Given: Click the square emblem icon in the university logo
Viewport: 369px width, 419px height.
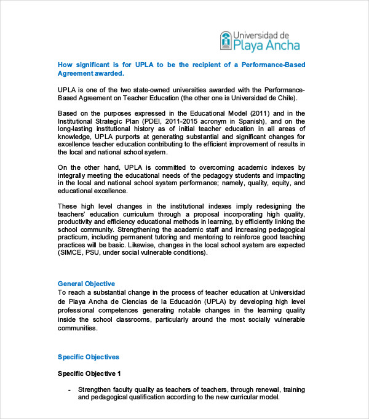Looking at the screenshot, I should coord(225,40).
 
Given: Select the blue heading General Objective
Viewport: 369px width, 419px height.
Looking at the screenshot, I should coord(86,284).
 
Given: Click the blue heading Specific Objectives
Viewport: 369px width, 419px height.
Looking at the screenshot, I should coord(89,357).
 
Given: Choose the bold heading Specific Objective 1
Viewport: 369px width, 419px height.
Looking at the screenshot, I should coord(89,373).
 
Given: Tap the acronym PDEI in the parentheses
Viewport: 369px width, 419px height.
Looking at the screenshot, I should coord(139,122).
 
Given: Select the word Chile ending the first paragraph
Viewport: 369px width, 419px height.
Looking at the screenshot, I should coord(285,98).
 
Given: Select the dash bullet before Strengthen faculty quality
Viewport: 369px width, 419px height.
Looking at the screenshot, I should coord(69,390).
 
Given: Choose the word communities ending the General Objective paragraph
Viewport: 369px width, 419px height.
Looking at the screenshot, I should coord(77,328).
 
